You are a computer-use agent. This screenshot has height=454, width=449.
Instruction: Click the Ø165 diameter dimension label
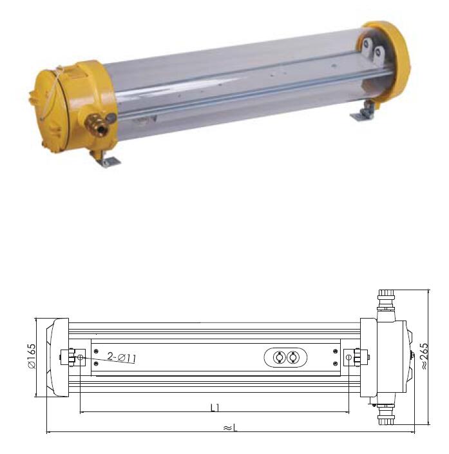[32, 356]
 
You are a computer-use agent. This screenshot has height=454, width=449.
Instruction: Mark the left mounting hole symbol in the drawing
[80, 357]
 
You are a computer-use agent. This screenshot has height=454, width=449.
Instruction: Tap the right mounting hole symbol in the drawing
[349, 357]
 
